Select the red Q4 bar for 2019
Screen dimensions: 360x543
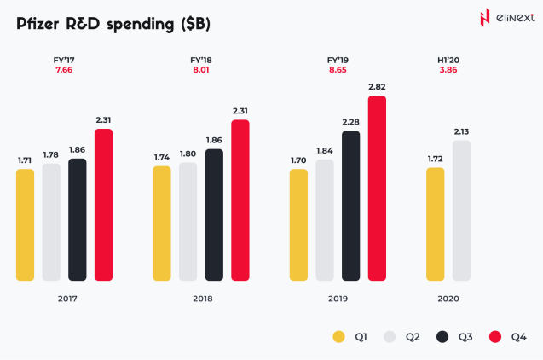coord(377,188)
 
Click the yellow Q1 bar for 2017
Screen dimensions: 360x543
coord(26,224)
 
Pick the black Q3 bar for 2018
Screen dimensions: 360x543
coord(214,214)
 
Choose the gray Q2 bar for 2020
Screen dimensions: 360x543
coord(461,210)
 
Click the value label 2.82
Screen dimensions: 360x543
coord(377,87)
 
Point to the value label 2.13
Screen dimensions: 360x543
coord(461,131)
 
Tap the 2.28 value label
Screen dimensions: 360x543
coord(350,122)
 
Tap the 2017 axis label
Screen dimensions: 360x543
coord(67,299)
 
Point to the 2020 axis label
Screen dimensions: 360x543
coord(448,299)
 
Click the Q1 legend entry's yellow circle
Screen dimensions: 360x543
coord(339,337)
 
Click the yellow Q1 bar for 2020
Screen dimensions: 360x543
coord(435,224)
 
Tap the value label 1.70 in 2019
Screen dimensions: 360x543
coord(298,160)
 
